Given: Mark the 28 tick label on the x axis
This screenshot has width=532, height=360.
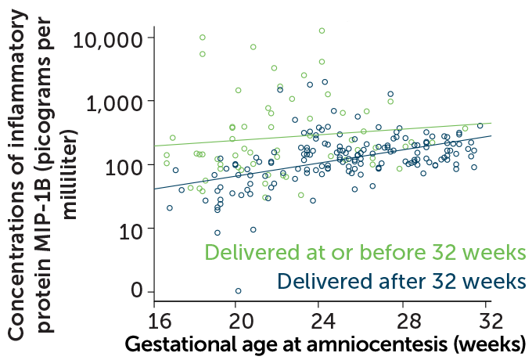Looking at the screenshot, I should coord(404,320).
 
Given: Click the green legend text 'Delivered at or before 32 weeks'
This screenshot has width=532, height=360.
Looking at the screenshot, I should coord(365,253).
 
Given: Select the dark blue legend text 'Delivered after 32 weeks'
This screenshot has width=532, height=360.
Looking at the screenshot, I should coord(401,280).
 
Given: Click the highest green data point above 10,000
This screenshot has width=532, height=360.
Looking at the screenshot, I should coord(322,31).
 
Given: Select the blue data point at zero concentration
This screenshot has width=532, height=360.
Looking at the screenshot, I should coord(239,291).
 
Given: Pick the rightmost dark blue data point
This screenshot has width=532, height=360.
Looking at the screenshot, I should coord(480,125).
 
